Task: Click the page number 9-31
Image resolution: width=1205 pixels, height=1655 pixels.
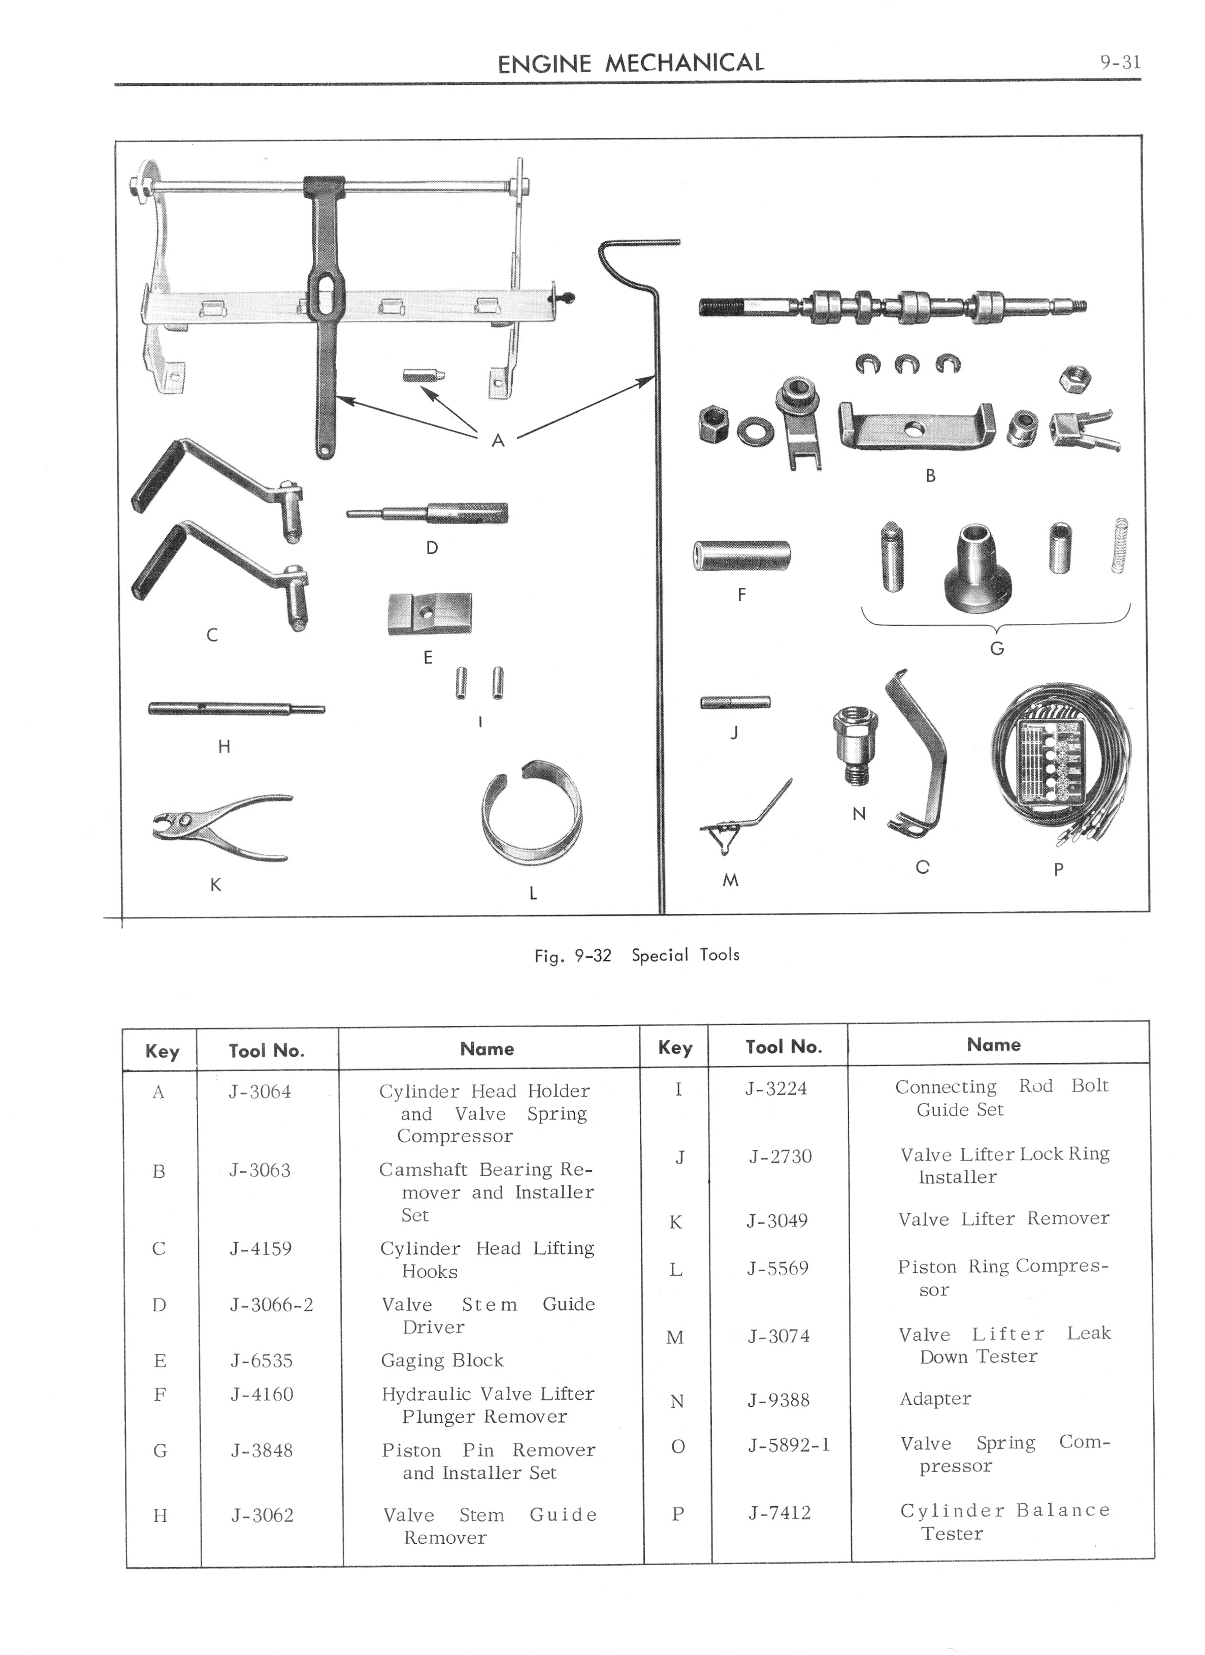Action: (1120, 63)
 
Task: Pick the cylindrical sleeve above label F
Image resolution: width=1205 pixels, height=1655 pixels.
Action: (741, 556)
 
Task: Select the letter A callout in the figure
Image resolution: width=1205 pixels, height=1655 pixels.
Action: (498, 440)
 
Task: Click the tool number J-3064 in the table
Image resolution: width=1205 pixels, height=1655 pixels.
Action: (260, 1091)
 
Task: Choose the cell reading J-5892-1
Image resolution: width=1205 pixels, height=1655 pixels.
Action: (788, 1445)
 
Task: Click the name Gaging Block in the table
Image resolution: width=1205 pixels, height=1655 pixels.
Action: (442, 1360)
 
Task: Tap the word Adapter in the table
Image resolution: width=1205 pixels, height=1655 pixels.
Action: (935, 1399)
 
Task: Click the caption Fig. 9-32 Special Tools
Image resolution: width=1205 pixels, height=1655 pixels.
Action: (636, 955)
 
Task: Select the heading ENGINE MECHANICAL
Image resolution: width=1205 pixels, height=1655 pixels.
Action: (631, 63)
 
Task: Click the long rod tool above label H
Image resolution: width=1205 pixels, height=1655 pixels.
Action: (236, 708)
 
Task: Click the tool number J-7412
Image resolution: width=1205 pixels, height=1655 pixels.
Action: (779, 1513)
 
